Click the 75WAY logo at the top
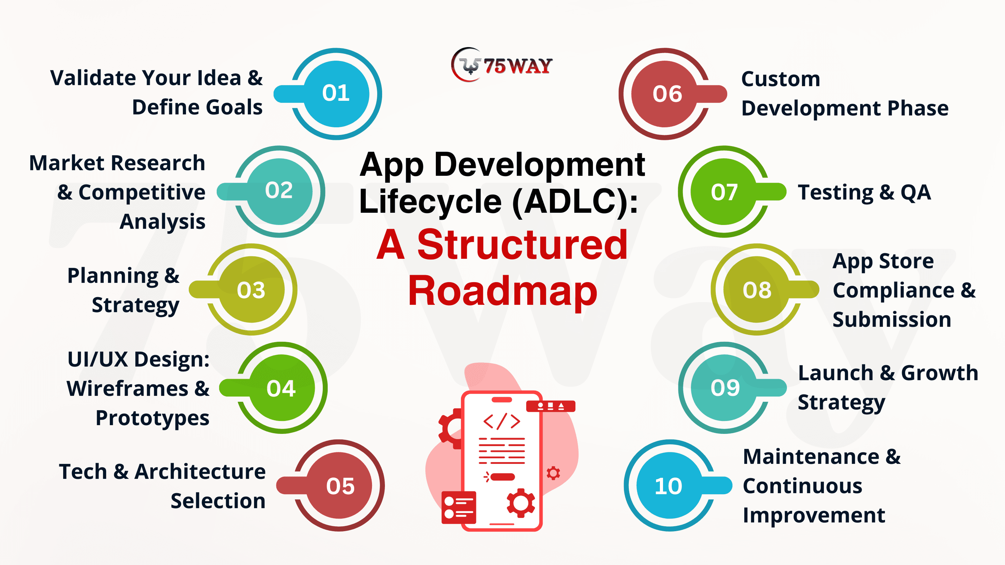[502, 65]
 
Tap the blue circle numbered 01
[336, 94]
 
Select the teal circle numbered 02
[279, 191]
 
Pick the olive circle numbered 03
[252, 289]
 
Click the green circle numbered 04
[282, 387]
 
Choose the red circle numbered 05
[339, 485]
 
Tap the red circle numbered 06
[665, 94]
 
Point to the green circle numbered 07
[724, 191]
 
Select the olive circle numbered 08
[757, 289]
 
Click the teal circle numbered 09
[724, 387]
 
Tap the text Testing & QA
[864, 193]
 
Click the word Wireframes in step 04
[128, 389]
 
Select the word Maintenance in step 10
[811, 457]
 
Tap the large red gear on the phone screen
[521, 503]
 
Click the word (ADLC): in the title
[575, 202]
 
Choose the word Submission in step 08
[892, 320]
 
